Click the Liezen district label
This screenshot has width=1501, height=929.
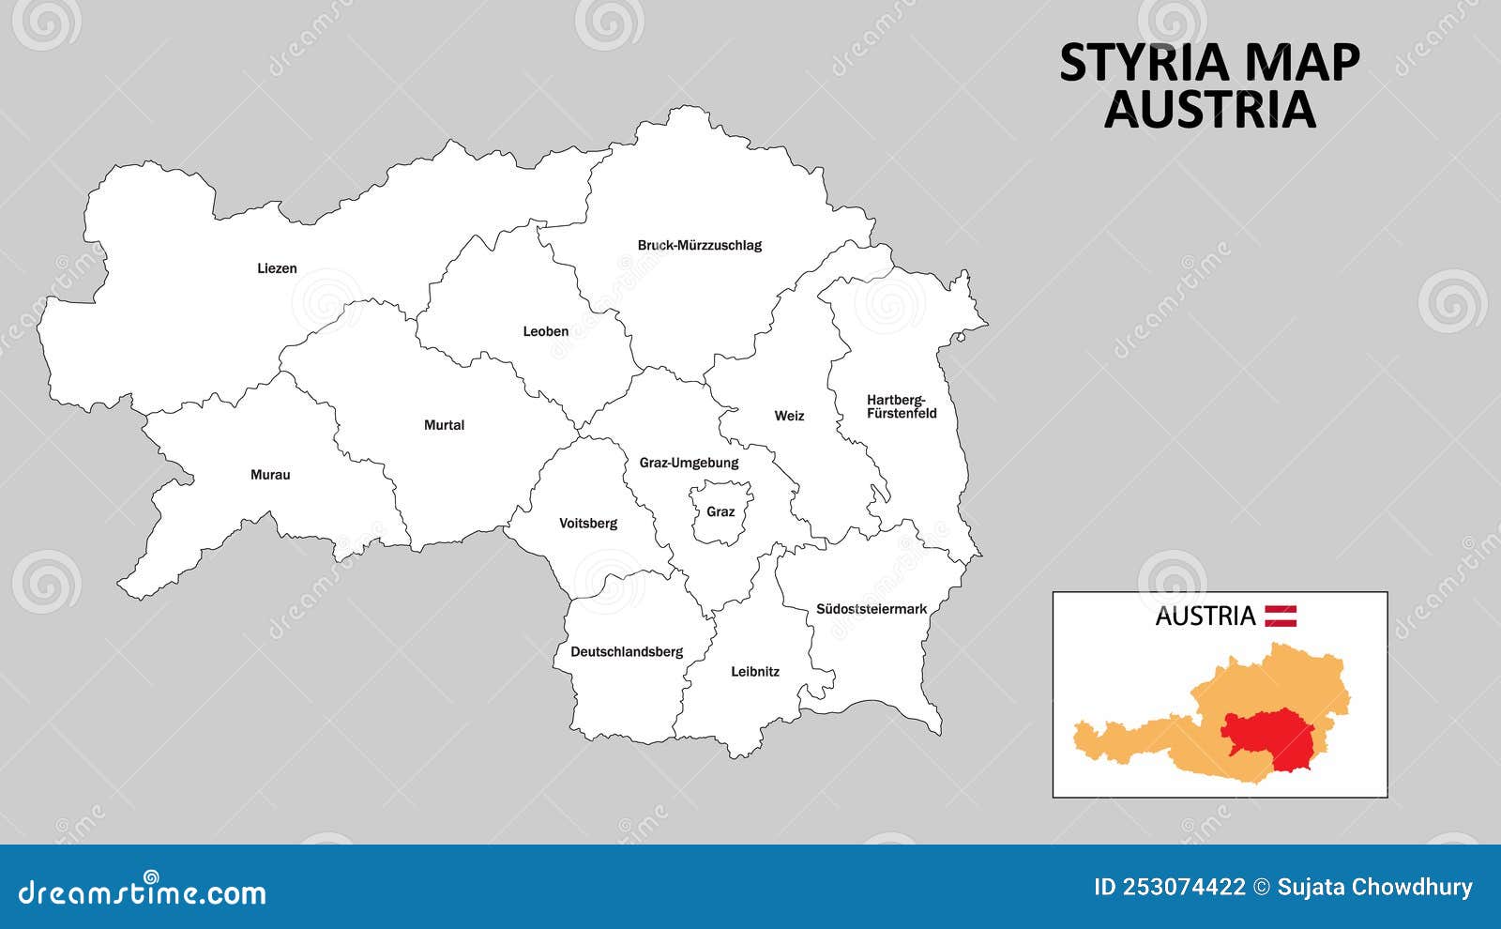pos(277,268)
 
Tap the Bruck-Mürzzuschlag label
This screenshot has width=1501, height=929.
pos(699,246)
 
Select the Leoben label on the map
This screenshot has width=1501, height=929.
pos(545,331)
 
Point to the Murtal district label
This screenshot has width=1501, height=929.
pos(444,425)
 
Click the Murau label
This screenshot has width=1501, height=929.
pos(270,475)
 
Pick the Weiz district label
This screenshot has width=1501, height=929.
pos(789,416)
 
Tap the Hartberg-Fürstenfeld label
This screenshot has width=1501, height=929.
pos(901,406)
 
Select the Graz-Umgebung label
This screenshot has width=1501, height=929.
pos(689,463)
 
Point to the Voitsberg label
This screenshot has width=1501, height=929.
pos(588,524)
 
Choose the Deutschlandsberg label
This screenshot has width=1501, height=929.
pos(627,652)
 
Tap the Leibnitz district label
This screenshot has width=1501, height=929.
pos(755,672)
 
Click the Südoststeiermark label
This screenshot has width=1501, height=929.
pos(871,609)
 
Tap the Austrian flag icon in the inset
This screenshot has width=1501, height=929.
pos(1281,616)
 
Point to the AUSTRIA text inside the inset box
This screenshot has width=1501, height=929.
pos(1205,617)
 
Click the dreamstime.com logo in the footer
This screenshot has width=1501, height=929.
pos(143,891)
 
